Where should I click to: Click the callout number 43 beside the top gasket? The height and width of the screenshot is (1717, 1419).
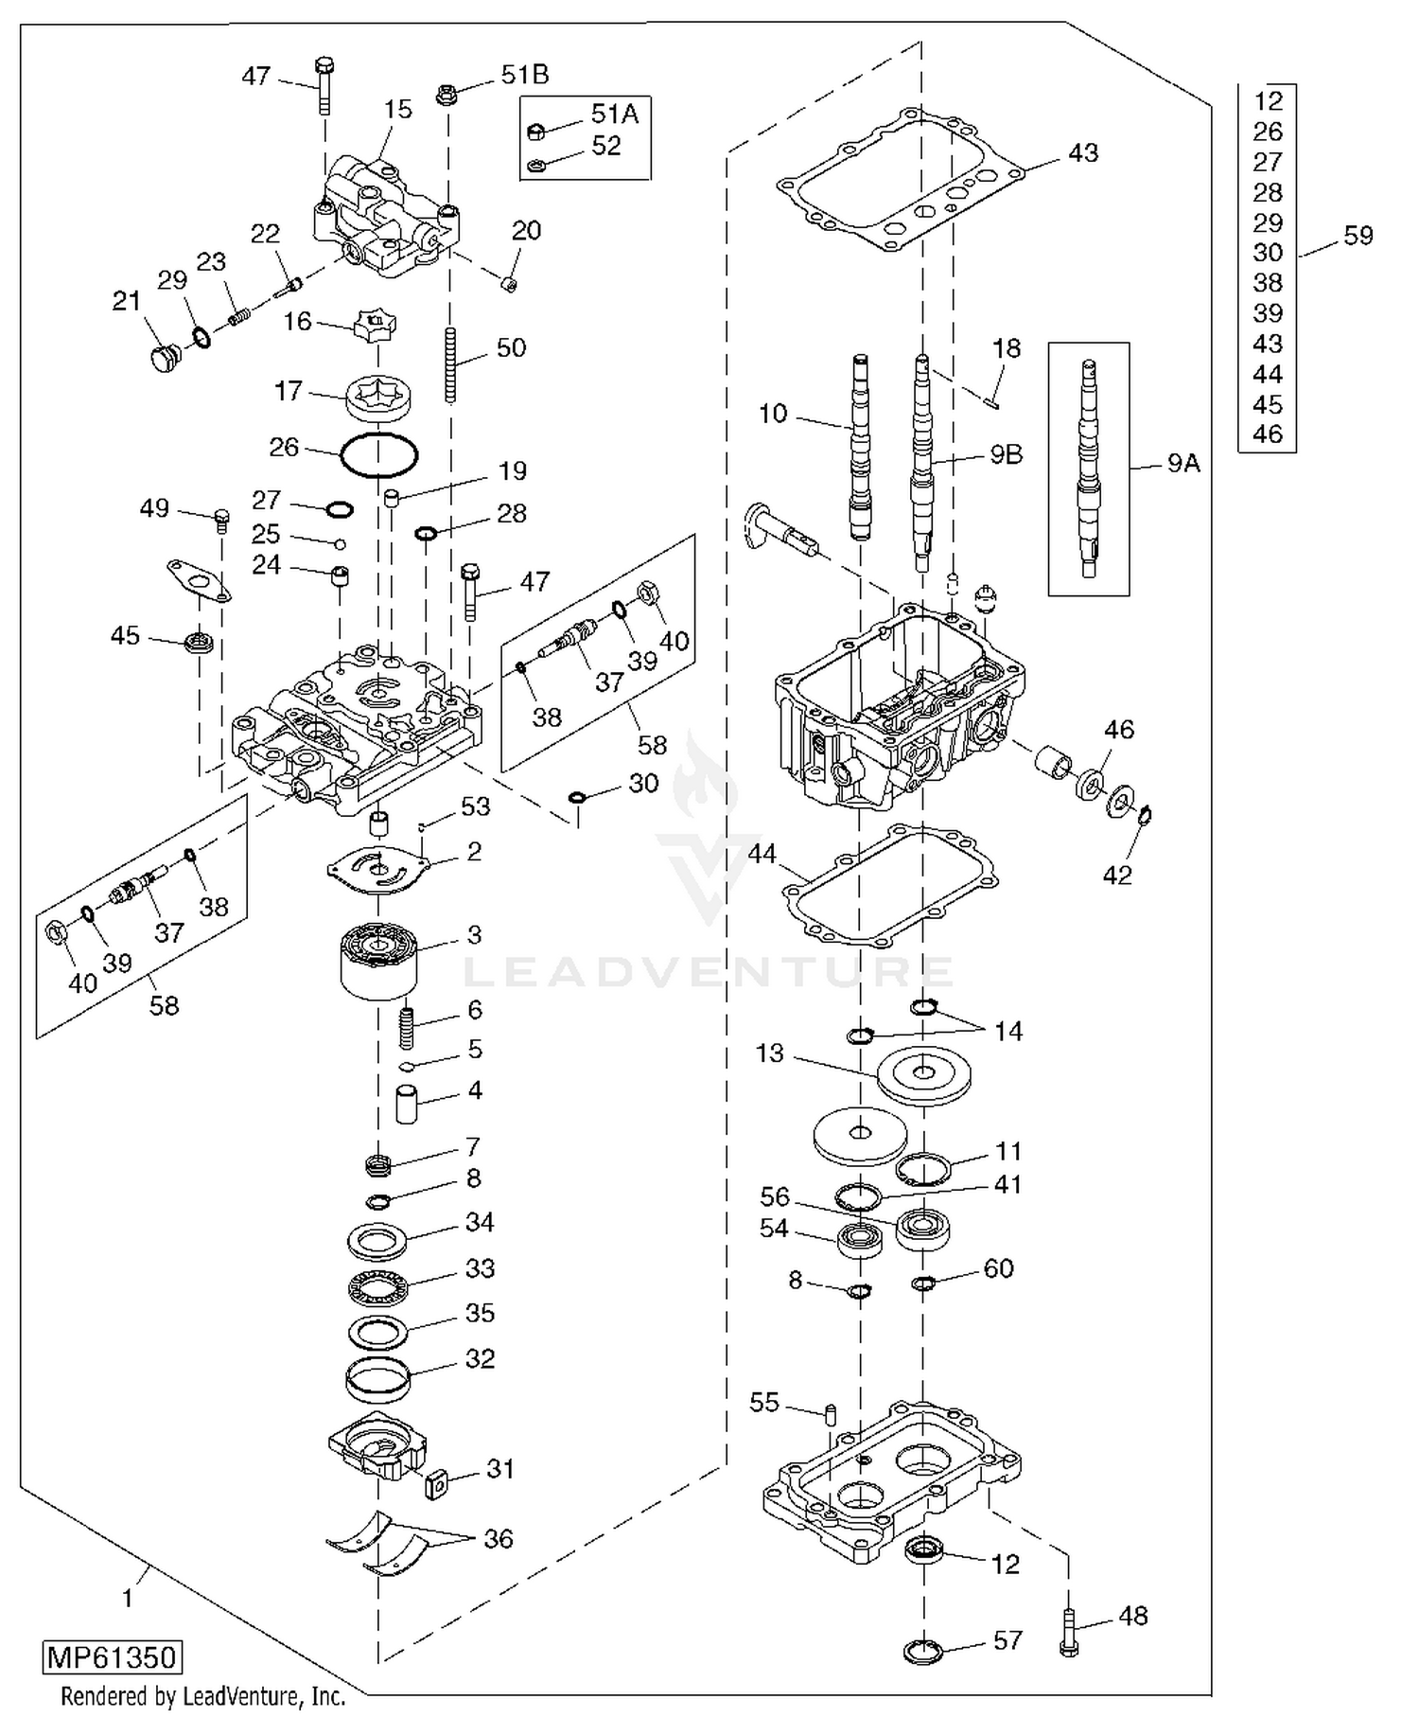(1083, 152)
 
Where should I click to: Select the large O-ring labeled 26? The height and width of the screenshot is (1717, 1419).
(378, 454)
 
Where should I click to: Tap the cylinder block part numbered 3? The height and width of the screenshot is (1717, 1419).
(377, 961)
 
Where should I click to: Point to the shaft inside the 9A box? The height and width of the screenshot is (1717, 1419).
(1090, 469)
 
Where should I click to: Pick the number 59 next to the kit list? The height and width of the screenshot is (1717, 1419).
(1358, 236)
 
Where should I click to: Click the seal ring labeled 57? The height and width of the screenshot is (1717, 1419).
(922, 1652)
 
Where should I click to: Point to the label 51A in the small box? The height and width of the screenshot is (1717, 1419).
(615, 115)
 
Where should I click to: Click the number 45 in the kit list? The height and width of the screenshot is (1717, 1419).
(1267, 404)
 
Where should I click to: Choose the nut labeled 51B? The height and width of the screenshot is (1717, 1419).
(448, 94)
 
